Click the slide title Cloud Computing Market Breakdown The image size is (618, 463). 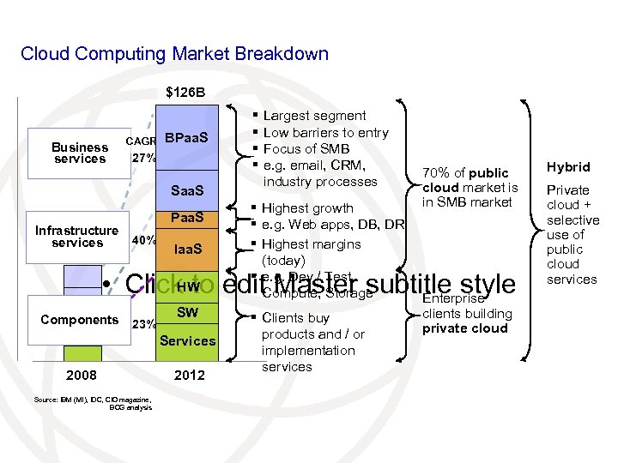pos(174,54)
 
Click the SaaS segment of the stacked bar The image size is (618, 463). pos(187,189)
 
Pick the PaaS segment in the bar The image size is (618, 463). pos(187,219)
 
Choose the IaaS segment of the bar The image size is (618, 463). pos(187,249)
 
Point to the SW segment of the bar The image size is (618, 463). pos(187,312)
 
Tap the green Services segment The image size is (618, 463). pos(187,340)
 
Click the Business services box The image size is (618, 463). pos(79,153)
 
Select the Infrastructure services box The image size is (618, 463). pos(76,237)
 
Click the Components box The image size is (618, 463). pos(79,320)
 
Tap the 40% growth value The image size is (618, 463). pos(142,240)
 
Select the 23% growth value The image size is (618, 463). pos(142,325)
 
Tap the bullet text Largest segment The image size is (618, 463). pos(314,116)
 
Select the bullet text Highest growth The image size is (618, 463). pos(307,208)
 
